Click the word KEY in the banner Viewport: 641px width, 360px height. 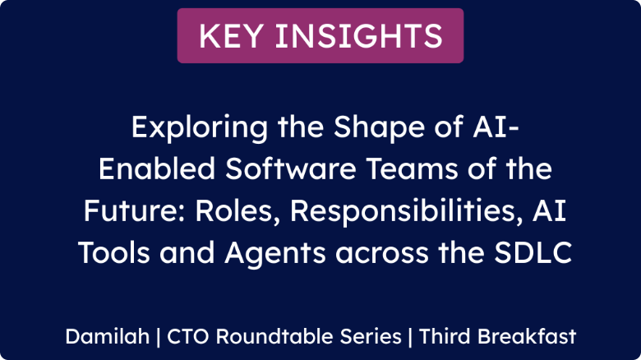click(x=231, y=36)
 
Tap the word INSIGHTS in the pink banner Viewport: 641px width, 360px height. click(x=359, y=36)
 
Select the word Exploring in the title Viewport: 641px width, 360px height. click(x=200, y=128)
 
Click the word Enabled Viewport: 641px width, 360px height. click(x=157, y=169)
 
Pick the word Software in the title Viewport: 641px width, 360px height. click(x=291, y=169)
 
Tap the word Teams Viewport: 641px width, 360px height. click(x=412, y=169)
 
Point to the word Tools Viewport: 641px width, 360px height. click(x=114, y=252)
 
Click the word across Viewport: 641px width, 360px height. click(x=382, y=255)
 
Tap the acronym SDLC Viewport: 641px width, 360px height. click(x=533, y=252)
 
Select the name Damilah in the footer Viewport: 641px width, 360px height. click(x=108, y=336)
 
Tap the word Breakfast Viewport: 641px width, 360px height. click(x=527, y=336)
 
